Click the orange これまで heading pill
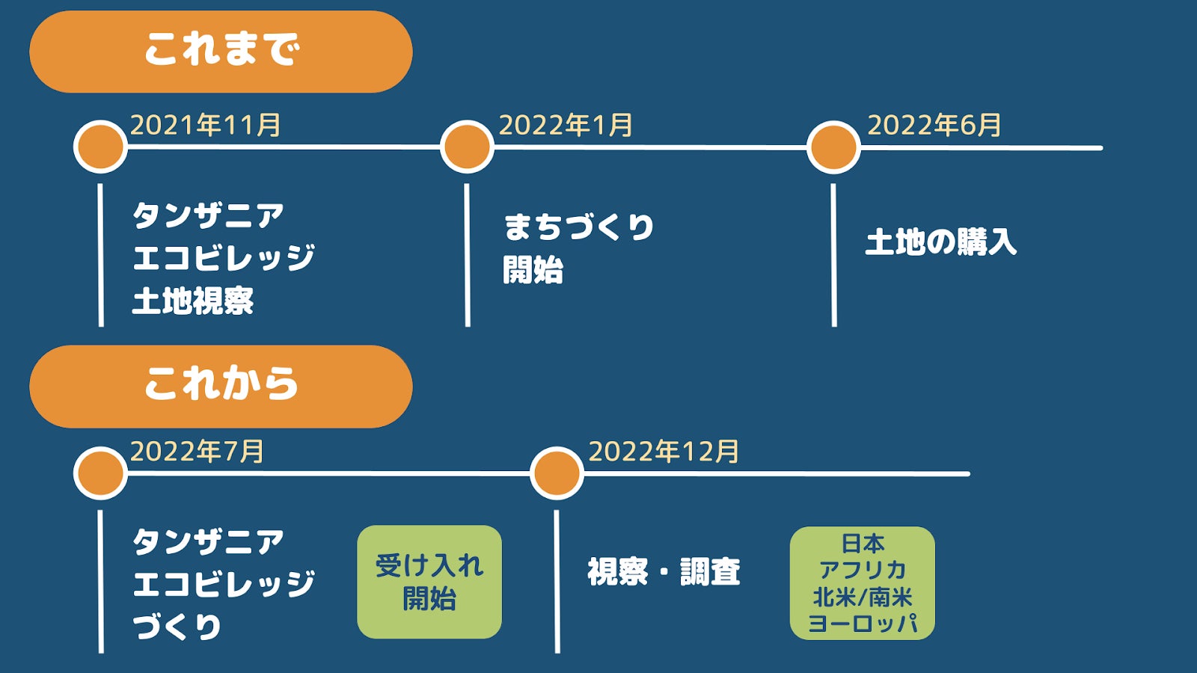(x=221, y=52)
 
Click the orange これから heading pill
(x=221, y=386)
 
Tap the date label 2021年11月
(x=206, y=125)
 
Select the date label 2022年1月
(x=566, y=125)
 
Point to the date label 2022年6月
(x=934, y=125)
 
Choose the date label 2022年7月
(x=197, y=452)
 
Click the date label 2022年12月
(x=664, y=452)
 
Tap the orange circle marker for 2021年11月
(x=100, y=147)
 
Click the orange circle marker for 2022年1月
(x=467, y=147)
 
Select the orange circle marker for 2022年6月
(x=833, y=147)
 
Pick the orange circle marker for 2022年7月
(x=100, y=473)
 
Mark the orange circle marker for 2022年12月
(x=557, y=473)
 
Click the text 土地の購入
(x=940, y=242)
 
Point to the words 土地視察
(x=193, y=301)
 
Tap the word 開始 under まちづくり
(x=533, y=270)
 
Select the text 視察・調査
(x=664, y=573)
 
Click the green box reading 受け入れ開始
(x=429, y=582)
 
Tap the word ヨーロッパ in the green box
(x=863, y=624)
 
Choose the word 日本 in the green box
(x=863, y=543)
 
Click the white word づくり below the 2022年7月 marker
(x=177, y=627)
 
